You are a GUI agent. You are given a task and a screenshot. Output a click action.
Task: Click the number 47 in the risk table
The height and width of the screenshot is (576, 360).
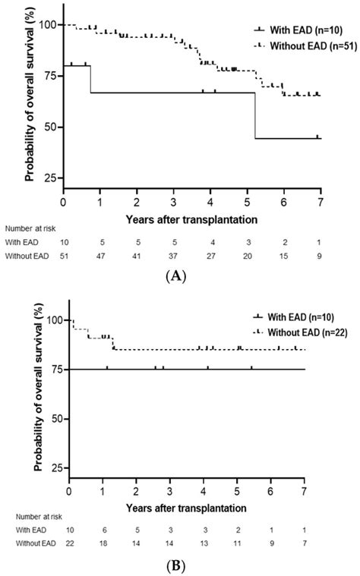click(100, 257)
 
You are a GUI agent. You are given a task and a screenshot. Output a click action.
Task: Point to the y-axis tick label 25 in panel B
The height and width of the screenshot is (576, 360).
click(54, 468)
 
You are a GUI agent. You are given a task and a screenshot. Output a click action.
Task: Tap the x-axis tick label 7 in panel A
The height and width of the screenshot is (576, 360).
click(321, 203)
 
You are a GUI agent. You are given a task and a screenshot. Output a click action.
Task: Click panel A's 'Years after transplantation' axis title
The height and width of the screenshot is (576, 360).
click(192, 218)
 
